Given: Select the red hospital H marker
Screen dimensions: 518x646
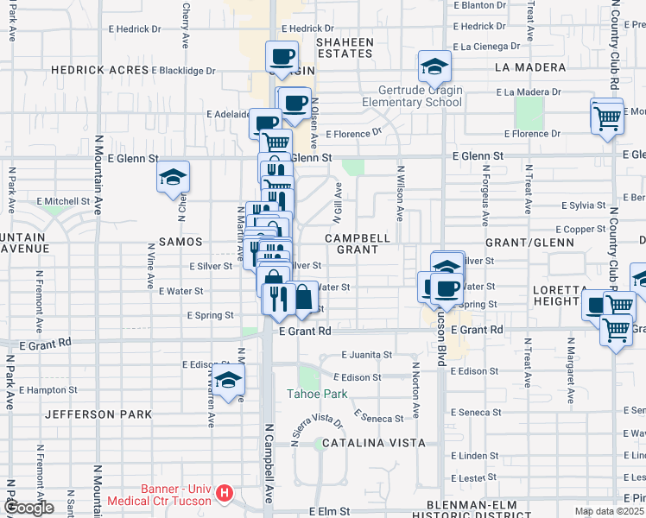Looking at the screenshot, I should tap(225, 493).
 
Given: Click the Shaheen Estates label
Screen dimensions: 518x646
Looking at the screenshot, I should tap(345, 47).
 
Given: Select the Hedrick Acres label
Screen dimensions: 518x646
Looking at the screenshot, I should tap(98, 70).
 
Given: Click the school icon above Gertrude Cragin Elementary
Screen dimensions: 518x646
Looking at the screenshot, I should tap(434, 66).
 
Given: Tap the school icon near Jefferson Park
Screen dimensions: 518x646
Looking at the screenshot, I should tap(229, 379).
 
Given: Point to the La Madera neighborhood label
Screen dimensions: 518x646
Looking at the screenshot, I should tap(530, 66).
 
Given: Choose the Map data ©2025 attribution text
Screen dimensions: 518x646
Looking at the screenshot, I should tap(609, 511).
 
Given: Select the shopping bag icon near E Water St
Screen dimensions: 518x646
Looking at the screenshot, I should tap(305, 298).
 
